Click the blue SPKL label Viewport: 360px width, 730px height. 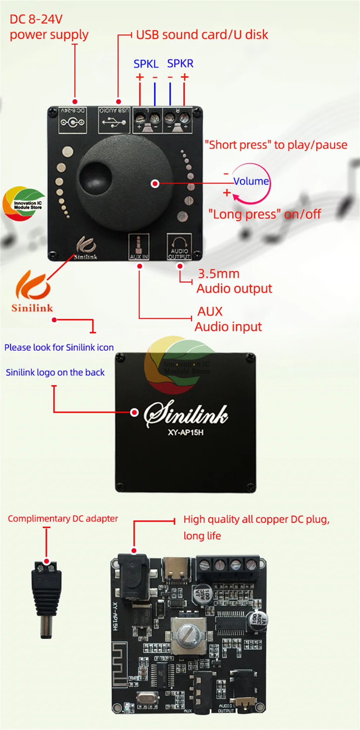coord(146,64)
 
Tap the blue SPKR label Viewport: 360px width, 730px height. coord(180,63)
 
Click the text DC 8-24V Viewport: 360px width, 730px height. coord(36,19)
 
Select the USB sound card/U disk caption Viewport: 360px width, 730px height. coord(202,35)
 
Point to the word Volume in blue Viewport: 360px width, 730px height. coord(251,181)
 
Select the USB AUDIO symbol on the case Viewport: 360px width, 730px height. coord(114,120)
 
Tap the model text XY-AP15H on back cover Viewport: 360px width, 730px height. coord(185,432)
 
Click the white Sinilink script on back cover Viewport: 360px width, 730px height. coord(186,414)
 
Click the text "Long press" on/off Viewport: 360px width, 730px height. coord(265,214)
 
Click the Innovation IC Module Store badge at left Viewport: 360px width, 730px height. coord(24,203)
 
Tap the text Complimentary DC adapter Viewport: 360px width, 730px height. coord(63,518)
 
